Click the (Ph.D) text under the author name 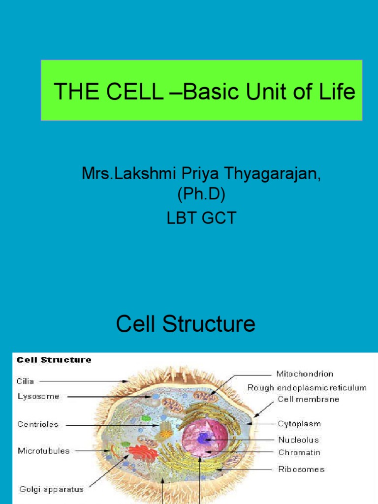tap(201, 195)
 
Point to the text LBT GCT tap(201, 217)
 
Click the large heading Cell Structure tap(186, 324)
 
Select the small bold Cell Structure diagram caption tap(54, 360)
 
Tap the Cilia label tap(26, 381)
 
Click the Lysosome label tap(38, 396)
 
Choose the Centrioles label tap(38, 424)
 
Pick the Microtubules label tap(44, 450)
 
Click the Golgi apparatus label tap(51, 489)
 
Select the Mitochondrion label tap(305, 374)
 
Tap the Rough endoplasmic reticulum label tap(307, 388)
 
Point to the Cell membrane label tap(309, 399)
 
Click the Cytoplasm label tap(299, 424)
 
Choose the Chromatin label tap(299, 452)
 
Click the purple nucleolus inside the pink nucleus tap(204, 438)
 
